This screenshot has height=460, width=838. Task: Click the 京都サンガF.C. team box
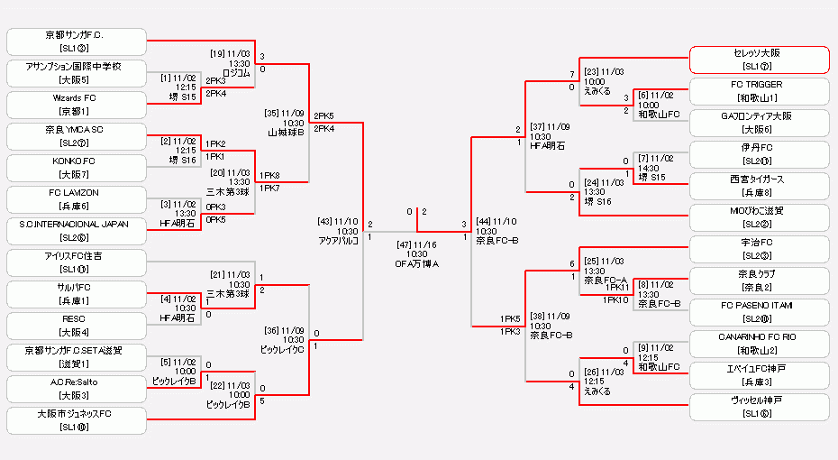click(x=76, y=41)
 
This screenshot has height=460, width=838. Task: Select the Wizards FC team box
click(x=76, y=105)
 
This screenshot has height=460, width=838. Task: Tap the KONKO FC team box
click(x=76, y=168)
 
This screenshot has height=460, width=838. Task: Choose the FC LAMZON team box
click(x=76, y=199)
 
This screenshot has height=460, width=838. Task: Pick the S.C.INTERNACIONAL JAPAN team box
click(x=76, y=231)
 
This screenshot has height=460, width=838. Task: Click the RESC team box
click(x=76, y=326)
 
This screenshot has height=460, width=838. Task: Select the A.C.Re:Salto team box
click(x=76, y=389)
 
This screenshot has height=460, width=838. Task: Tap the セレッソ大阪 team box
click(x=759, y=60)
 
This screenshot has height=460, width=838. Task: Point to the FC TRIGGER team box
click(x=759, y=91)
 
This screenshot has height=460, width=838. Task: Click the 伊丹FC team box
click(x=759, y=154)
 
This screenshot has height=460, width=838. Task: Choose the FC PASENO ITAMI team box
click(x=759, y=312)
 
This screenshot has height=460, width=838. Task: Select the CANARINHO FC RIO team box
click(x=759, y=344)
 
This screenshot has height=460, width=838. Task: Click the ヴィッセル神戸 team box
click(x=759, y=407)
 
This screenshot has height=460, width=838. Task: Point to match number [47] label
click(x=405, y=244)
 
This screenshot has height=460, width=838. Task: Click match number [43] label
click(x=323, y=221)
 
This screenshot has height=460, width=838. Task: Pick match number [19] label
click(x=218, y=53)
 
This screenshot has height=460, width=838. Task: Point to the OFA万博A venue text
click(x=416, y=264)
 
